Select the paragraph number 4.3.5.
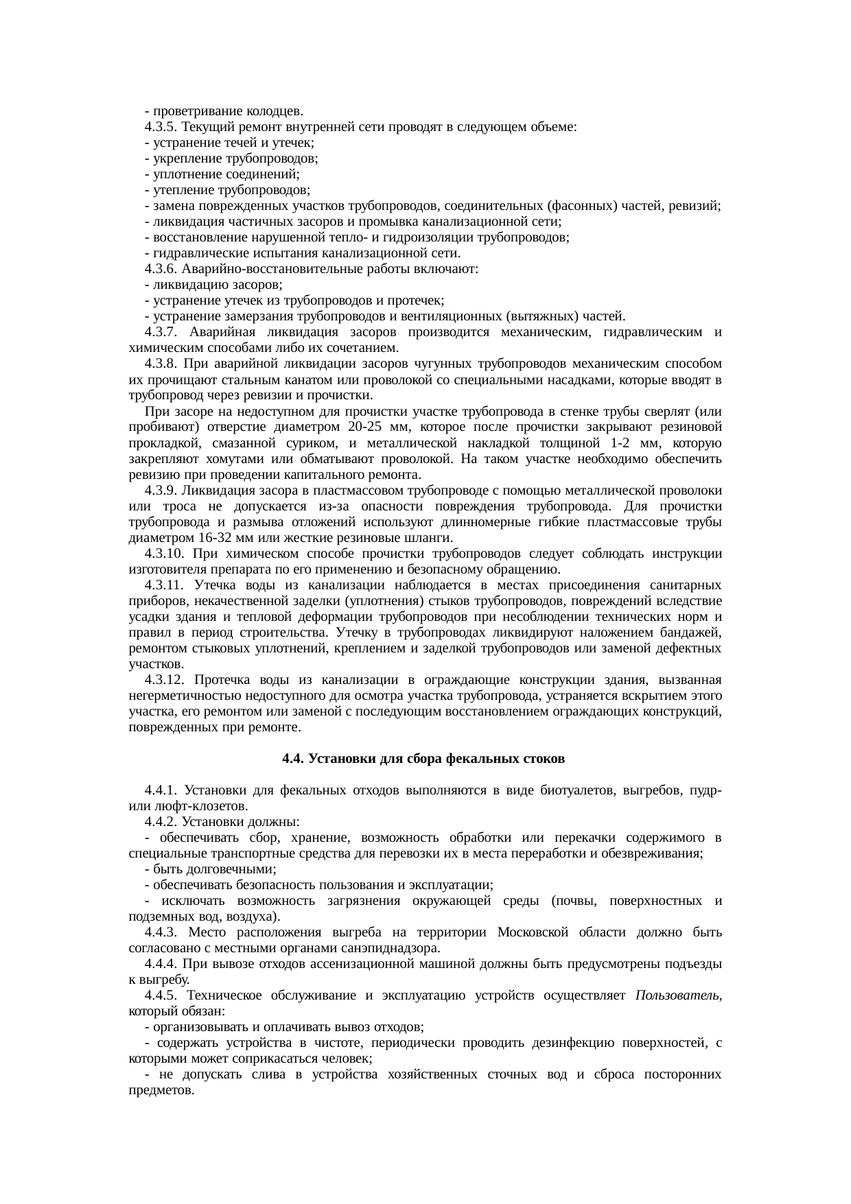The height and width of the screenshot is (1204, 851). click(x=162, y=127)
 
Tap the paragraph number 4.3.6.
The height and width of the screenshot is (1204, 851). click(x=162, y=269)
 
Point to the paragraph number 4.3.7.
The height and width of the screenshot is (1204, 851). click(x=162, y=333)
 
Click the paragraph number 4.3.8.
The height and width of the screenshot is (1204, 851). click(x=162, y=364)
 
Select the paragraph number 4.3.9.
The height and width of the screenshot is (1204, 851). click(x=162, y=491)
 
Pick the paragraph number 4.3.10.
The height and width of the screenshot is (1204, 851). click(x=165, y=554)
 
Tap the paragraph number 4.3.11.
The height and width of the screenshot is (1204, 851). click(x=165, y=585)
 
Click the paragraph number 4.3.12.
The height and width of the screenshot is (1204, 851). click(x=165, y=680)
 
